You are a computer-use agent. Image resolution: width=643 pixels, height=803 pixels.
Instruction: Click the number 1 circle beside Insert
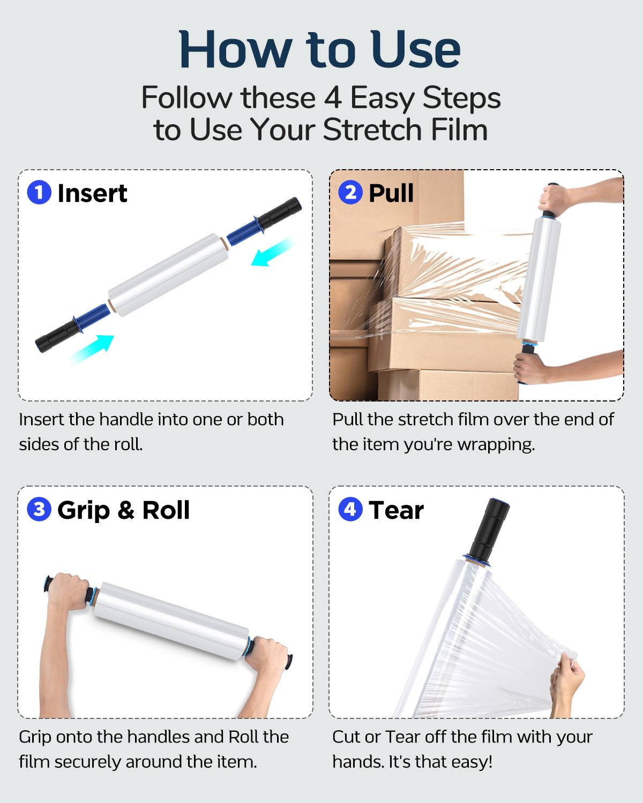[x=39, y=192]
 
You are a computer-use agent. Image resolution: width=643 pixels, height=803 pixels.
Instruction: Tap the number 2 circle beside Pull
[x=350, y=192]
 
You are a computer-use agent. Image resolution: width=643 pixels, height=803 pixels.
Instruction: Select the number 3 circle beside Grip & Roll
[x=39, y=509]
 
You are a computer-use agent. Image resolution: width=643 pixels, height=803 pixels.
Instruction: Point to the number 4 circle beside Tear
[x=350, y=509]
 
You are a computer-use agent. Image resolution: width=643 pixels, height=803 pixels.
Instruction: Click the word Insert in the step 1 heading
[x=92, y=193]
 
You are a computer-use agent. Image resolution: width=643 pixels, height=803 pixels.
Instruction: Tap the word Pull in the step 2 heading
[x=391, y=193]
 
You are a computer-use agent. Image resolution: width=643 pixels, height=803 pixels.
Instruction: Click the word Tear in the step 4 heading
[x=396, y=510]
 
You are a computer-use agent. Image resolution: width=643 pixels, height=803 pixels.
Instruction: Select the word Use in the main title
[x=415, y=49]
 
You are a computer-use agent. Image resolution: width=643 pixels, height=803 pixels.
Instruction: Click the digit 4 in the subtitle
[x=333, y=98]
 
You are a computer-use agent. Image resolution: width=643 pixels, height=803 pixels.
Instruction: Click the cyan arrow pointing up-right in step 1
[x=93, y=349]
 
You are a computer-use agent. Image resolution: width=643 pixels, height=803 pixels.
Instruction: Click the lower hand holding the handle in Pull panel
[x=530, y=367]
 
